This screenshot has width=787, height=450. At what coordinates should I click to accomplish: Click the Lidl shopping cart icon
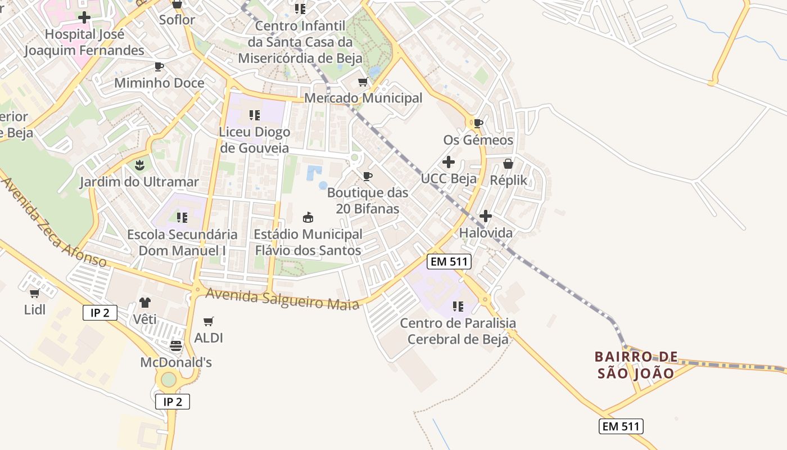(x=34, y=293)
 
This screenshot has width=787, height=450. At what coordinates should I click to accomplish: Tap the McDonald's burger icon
(x=176, y=345)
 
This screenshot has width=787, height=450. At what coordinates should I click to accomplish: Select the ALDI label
(x=209, y=338)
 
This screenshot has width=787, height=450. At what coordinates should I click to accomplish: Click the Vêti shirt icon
(x=145, y=303)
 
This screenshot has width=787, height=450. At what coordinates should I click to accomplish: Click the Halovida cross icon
(x=486, y=216)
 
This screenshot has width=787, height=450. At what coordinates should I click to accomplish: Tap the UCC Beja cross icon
(x=449, y=163)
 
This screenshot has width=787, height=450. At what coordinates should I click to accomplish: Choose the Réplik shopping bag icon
(x=508, y=164)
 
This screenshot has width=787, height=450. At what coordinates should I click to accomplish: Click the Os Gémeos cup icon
(x=478, y=123)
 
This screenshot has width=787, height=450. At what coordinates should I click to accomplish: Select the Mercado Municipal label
(x=363, y=98)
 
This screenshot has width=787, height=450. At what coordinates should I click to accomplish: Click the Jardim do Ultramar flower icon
(x=139, y=165)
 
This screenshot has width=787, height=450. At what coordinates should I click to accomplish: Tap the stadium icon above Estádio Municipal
(x=308, y=217)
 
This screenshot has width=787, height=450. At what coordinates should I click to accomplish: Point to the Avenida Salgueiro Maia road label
(x=282, y=299)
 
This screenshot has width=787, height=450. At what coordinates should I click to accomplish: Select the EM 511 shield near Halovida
(x=448, y=261)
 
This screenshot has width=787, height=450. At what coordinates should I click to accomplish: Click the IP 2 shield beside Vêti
(x=100, y=313)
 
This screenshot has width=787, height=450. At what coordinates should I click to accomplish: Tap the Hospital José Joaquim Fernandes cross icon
(x=84, y=17)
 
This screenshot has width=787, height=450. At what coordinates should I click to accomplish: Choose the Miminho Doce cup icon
(x=159, y=67)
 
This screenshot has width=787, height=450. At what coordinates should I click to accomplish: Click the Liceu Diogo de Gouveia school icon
(x=255, y=115)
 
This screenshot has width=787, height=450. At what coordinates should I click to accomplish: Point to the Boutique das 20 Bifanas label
(x=368, y=200)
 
